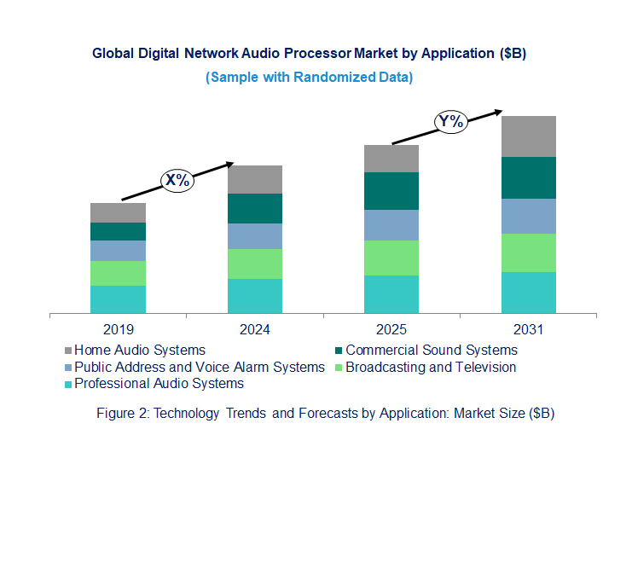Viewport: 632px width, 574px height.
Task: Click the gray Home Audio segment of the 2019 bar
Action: click(x=118, y=212)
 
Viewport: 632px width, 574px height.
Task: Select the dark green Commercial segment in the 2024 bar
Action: click(x=254, y=208)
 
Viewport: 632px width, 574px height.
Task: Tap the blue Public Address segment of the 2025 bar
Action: click(x=391, y=225)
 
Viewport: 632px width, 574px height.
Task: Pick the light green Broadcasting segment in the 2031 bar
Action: click(x=528, y=252)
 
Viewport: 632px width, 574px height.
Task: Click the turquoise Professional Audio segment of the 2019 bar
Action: click(x=118, y=299)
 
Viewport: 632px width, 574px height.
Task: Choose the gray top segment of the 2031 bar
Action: click(x=528, y=136)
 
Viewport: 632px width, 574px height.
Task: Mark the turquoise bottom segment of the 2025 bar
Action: click(x=391, y=294)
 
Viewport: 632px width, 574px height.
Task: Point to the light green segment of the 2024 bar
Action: click(x=254, y=264)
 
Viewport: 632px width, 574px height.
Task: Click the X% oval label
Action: click(x=178, y=180)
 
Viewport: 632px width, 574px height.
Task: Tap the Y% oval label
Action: click(x=450, y=121)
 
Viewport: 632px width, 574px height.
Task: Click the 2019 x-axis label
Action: click(x=118, y=329)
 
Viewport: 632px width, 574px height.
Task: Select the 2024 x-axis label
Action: click(x=254, y=329)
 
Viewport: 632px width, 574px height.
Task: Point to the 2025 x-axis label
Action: click(x=391, y=329)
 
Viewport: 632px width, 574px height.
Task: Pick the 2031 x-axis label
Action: click(x=528, y=329)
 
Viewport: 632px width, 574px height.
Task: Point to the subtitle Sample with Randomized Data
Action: click(x=309, y=77)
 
